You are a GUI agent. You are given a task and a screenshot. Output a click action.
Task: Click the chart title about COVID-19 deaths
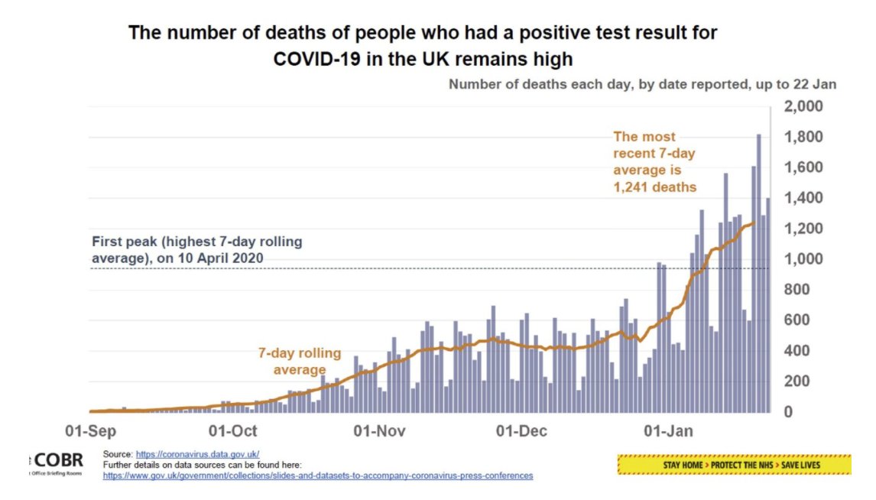(x=422, y=46)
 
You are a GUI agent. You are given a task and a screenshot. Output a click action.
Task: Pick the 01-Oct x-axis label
(x=232, y=431)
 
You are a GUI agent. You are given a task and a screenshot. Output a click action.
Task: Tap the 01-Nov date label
(x=380, y=431)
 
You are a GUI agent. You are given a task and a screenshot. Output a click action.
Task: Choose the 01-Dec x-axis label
(x=523, y=431)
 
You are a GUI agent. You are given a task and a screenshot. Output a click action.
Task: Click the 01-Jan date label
(x=669, y=431)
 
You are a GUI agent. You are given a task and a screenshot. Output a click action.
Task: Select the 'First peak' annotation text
(x=196, y=250)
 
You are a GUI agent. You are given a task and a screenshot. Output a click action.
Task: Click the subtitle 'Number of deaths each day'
(x=642, y=84)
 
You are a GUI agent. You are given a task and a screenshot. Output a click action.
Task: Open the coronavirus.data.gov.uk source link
(x=197, y=454)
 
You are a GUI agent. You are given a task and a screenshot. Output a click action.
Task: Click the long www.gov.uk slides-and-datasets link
(x=318, y=476)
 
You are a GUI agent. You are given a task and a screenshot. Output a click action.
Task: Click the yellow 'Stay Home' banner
(x=734, y=464)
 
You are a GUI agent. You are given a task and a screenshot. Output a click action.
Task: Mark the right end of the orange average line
(x=754, y=222)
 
